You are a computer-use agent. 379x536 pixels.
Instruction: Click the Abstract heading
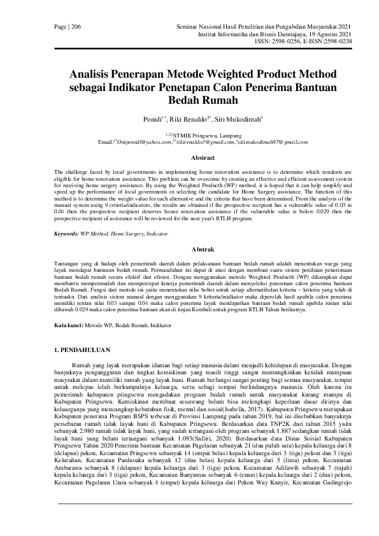click(x=189, y=157)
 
